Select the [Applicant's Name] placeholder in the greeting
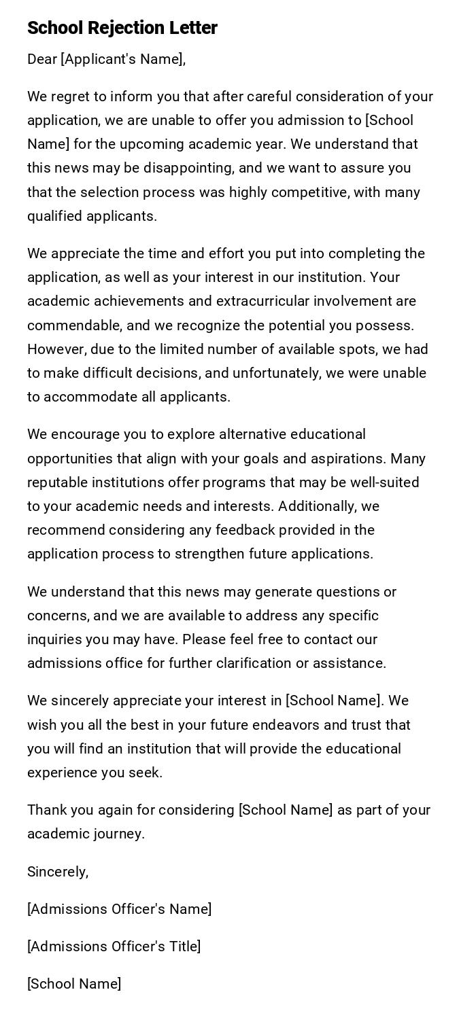122,59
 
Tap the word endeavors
286,725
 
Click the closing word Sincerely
58,872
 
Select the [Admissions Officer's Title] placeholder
114,947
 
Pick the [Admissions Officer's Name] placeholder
120,909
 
